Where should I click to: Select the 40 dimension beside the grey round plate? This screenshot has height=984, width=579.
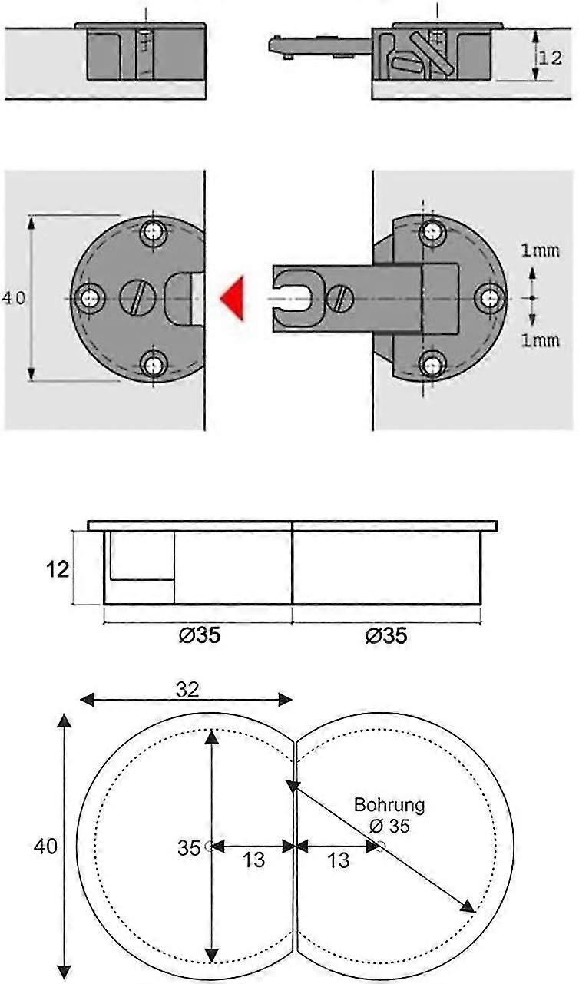pos(14,298)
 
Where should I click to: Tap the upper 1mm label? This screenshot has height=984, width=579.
pos(540,250)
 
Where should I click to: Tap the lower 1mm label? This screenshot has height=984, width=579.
pos(540,340)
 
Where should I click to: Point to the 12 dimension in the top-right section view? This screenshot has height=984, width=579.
pos(552,58)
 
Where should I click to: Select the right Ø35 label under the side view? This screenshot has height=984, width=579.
pos(385,636)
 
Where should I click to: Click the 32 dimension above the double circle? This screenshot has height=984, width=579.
pos(187,689)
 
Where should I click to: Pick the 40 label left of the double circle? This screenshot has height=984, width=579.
pos(45,846)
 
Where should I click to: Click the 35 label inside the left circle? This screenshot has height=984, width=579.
pos(189,848)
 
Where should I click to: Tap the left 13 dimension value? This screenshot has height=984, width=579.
pos(253,860)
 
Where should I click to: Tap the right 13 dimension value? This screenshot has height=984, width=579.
pos(338,860)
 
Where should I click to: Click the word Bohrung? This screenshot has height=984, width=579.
pos(389,805)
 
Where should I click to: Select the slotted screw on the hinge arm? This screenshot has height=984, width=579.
pos(342,297)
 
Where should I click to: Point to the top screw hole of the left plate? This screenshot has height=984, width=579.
pos(154,230)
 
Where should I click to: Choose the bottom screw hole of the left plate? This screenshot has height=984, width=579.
pos(154,363)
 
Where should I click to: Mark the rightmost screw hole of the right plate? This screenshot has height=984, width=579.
pos(488,297)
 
